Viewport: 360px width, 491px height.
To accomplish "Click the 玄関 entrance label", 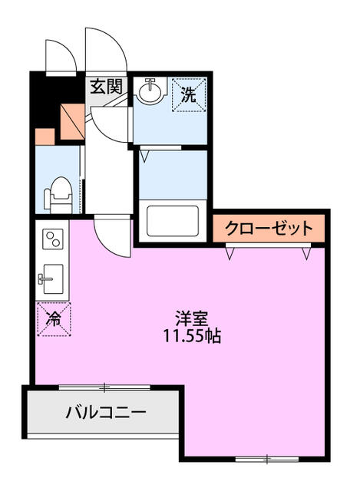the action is click(106, 87).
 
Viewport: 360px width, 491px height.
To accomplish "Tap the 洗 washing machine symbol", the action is click(189, 94).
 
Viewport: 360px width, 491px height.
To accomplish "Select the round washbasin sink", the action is click(150, 91).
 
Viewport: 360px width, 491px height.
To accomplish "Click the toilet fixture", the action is click(58, 194).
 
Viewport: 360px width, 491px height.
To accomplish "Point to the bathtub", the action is click(173, 221).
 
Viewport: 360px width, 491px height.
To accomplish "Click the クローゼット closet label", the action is click(269, 229).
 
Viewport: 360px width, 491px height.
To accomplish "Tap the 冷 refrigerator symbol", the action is click(54, 319).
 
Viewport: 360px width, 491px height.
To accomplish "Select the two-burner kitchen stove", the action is click(53, 239).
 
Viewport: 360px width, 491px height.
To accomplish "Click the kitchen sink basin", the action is click(53, 278).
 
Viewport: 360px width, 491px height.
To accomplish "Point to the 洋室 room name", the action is click(191, 318).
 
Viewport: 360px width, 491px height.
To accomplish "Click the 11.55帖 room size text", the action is click(192, 336).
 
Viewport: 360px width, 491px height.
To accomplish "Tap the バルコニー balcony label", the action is click(106, 412).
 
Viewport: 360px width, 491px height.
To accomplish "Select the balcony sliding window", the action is click(104, 387).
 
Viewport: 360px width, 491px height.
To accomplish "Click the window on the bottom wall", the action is click(267, 459).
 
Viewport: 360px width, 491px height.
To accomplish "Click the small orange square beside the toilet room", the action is click(45, 137).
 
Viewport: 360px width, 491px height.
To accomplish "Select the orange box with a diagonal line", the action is click(72, 121).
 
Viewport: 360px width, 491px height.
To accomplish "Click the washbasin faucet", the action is click(150, 83).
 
